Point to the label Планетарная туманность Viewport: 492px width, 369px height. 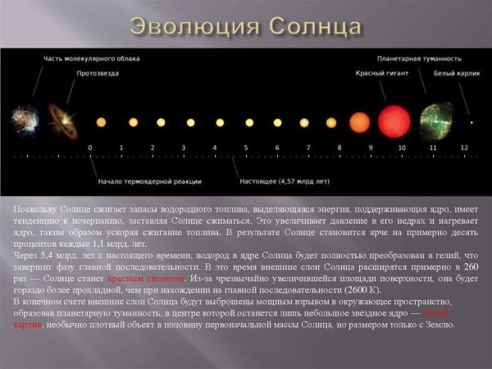tap(419, 59)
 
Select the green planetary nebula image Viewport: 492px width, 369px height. tap(435, 120)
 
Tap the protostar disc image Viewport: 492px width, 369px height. tap(59, 120)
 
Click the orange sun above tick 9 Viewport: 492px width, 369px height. tap(359, 122)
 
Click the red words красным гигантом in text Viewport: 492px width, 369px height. tap(143, 279)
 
